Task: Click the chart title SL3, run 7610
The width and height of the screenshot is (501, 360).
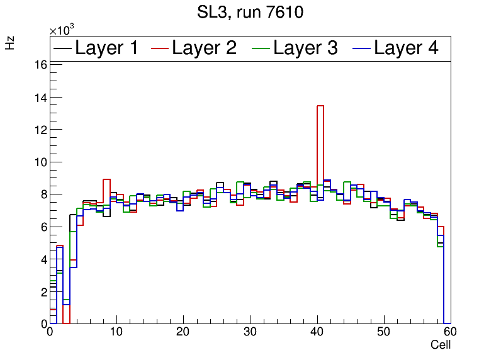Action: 250,13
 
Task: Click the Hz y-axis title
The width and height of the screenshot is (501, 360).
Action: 11,43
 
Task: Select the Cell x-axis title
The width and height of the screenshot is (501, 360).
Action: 441,345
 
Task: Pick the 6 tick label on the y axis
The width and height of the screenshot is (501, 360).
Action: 43,227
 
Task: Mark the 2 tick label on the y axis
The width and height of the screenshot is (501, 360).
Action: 43,291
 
